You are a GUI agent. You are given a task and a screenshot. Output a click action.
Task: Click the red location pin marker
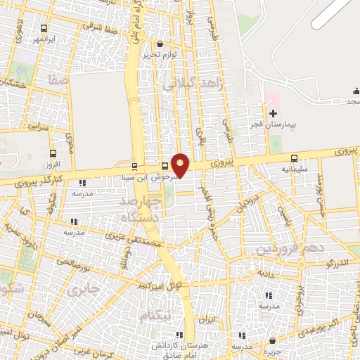(181, 165)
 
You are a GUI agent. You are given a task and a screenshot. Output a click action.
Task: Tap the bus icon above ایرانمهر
(45, 29)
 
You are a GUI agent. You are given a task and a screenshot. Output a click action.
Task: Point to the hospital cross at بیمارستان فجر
(273, 113)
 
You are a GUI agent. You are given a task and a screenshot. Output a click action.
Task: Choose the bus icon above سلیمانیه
(294, 158)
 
